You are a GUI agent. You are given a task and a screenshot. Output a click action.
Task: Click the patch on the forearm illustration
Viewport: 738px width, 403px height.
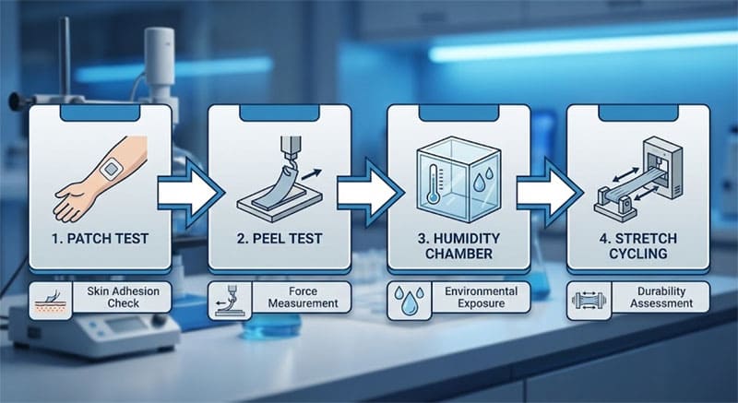tap(111, 169)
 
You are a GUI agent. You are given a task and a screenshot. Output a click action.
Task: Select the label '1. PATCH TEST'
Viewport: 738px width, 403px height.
tap(101, 239)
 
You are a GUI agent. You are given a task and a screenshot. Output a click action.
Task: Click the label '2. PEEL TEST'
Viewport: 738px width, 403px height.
tap(280, 239)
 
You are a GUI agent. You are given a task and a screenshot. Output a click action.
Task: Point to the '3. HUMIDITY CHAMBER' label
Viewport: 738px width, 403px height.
tap(458, 245)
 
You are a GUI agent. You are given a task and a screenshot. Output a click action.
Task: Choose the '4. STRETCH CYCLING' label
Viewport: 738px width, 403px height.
tap(638, 245)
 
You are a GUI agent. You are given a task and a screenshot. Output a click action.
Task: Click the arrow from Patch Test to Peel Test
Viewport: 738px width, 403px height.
tap(191, 193)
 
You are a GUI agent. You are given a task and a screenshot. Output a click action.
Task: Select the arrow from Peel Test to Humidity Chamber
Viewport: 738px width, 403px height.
tap(370, 193)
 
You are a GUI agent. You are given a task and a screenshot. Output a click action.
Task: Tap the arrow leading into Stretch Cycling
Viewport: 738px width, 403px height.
tap(549, 193)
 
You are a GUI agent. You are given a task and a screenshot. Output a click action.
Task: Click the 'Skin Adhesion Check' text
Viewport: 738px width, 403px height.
tap(123, 297)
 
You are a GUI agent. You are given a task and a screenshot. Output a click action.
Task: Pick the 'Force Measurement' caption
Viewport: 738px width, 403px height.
tap(304, 297)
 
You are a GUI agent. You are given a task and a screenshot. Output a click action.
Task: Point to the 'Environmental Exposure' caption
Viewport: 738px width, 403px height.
tap(481, 297)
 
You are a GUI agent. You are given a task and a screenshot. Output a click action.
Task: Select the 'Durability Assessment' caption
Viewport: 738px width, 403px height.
tap(661, 297)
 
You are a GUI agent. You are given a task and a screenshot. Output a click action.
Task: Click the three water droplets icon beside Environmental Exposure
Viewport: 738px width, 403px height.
tap(409, 301)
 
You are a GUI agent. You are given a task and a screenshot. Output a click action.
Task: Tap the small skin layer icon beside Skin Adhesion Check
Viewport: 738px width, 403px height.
tap(51, 302)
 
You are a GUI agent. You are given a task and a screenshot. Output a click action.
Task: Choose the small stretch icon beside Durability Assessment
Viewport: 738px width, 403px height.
tap(589, 301)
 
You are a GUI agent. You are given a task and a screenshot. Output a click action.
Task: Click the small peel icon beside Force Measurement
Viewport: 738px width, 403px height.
tap(229, 301)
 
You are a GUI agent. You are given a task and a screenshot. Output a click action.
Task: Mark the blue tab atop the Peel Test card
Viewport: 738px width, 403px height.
tap(280, 113)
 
